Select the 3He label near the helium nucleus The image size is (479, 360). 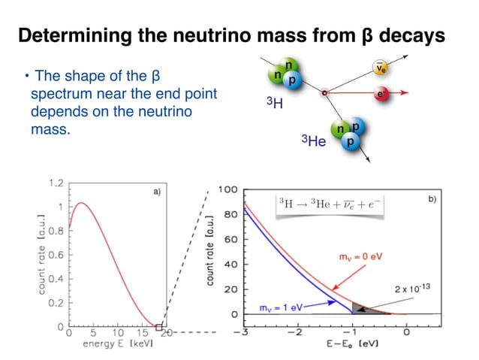313,141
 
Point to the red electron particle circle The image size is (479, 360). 382,94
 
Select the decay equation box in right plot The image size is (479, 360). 330,204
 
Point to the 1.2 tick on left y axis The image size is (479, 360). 56,183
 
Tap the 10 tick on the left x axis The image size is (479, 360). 119,332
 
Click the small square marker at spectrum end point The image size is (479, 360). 158,327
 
